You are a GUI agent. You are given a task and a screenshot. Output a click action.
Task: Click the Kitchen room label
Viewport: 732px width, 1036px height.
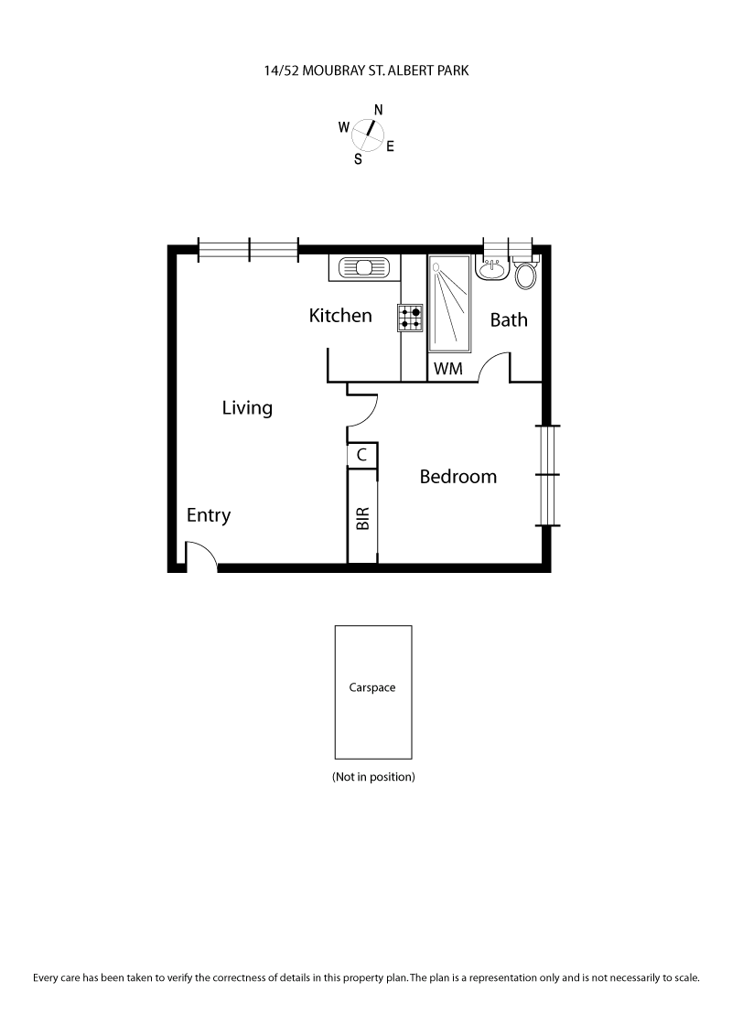340,316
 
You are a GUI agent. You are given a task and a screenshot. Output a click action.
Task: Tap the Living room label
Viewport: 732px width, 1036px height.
247,408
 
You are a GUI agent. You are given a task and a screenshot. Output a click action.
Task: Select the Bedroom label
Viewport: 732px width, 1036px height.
457,477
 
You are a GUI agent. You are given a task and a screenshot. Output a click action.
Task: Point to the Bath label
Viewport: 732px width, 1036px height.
509,320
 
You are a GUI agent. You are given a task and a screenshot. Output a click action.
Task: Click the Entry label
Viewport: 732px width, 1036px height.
209,515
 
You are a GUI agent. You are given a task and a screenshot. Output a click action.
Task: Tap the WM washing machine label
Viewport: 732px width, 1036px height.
448,369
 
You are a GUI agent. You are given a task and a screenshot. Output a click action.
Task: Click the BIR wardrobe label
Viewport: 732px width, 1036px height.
362,519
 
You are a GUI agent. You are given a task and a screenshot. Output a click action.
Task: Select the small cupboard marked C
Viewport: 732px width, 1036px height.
361,454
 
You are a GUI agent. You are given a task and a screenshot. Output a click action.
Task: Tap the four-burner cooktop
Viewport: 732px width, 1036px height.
410,318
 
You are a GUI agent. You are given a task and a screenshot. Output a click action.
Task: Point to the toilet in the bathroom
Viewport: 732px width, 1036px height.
526,275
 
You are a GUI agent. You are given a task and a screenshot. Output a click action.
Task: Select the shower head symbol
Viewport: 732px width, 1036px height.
436,267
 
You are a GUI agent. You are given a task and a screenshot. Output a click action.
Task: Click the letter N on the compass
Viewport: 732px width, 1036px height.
378,110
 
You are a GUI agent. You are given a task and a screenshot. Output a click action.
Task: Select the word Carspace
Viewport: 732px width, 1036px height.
372,687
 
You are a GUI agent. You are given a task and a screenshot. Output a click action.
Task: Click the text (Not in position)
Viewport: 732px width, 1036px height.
373,777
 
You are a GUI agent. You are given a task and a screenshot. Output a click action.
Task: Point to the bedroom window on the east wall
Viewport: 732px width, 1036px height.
549,475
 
